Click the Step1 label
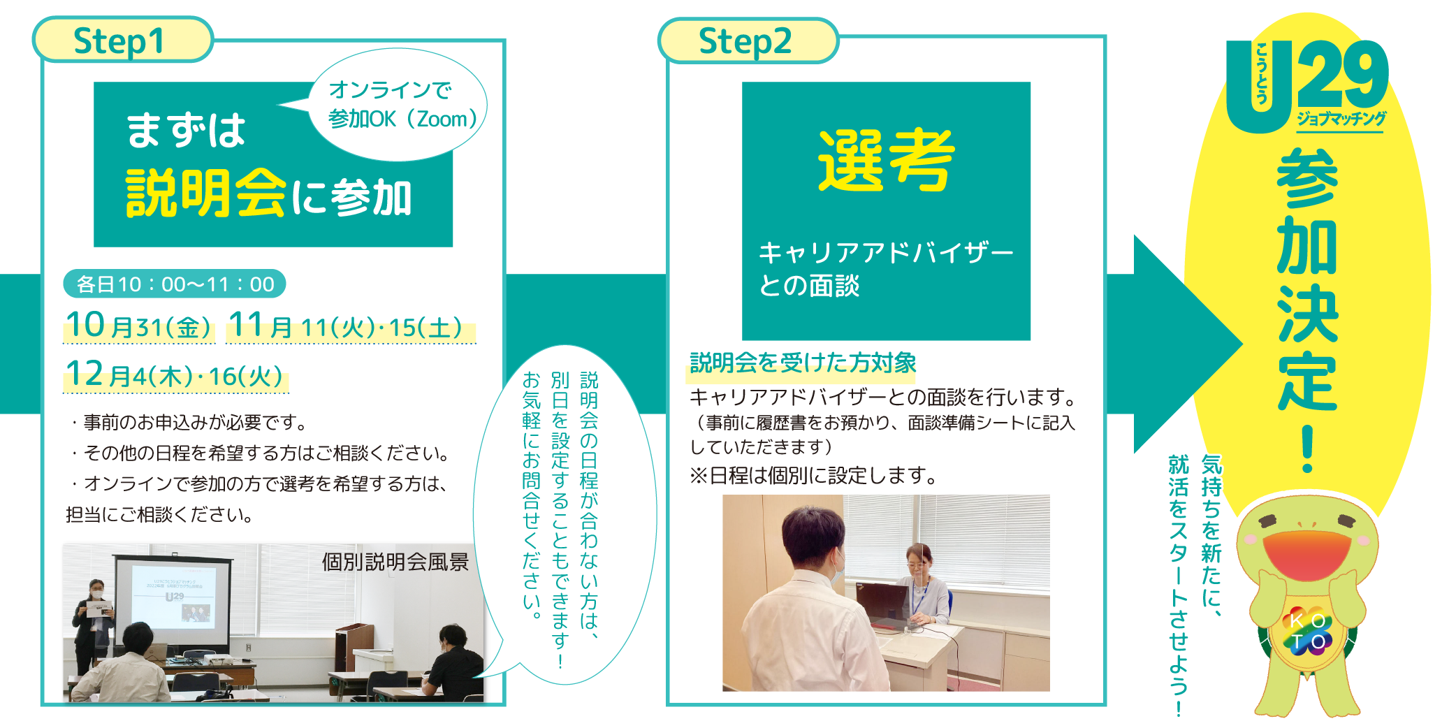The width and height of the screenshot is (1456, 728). (x=119, y=41)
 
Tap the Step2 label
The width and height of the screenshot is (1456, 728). (x=745, y=41)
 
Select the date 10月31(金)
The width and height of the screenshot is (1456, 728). (x=138, y=326)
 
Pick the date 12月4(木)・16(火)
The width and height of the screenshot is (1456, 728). (x=175, y=376)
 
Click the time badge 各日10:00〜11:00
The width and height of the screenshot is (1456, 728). (x=175, y=284)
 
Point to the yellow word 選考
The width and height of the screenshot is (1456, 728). (x=886, y=161)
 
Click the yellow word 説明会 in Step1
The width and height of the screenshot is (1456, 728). (x=206, y=194)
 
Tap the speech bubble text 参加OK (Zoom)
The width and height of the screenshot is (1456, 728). (x=402, y=119)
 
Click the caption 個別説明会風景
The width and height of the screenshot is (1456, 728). (x=395, y=562)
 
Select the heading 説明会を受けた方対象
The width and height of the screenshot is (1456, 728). (x=803, y=363)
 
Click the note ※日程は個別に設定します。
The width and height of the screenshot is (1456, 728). (x=813, y=476)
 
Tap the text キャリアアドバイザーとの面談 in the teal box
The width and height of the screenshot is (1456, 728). (x=885, y=268)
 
